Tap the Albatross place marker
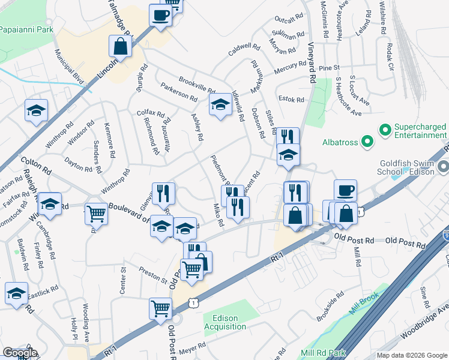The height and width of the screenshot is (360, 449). pos(368,143)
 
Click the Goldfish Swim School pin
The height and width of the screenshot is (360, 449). pos(443,166)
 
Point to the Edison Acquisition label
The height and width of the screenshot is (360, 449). pos(224,322)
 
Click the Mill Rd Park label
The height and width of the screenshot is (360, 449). pos(325,352)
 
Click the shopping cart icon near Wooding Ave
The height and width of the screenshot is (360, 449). pos(161,310)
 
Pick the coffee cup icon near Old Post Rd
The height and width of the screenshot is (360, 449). pos(345,190)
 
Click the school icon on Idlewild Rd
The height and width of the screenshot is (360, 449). pos(220,104)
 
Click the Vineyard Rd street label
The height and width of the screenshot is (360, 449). pos(312,60)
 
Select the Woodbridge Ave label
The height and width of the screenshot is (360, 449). pos(407,334)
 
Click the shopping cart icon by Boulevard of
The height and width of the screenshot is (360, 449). pos(95,214)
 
